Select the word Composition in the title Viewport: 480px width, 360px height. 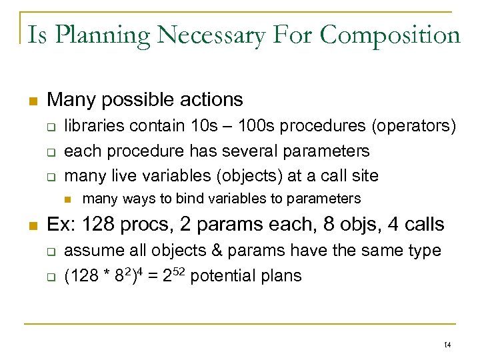[390, 35]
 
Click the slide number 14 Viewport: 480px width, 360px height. [447, 344]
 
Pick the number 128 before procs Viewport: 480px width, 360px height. [89, 225]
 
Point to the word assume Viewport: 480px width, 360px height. [89, 251]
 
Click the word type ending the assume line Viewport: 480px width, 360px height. [425, 251]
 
